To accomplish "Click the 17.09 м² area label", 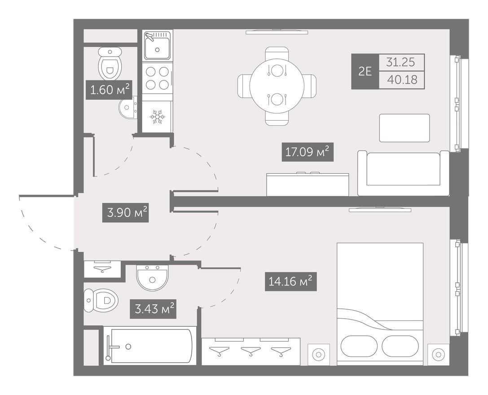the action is [308, 152].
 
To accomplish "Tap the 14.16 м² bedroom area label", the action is [290, 281].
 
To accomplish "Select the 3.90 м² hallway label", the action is [125, 213].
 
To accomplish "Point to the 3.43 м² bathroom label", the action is [153, 309].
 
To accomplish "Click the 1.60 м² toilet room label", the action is [109, 90].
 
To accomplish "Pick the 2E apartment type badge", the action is [365, 71].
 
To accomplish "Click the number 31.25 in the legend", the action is [400, 62].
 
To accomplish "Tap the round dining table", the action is [277, 86].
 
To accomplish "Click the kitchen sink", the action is [157, 45].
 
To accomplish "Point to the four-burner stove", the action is [157, 78].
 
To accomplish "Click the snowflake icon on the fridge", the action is [157, 116].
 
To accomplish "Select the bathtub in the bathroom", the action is [150, 346].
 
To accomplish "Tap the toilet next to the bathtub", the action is [101, 301].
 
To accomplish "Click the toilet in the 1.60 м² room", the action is [110, 63].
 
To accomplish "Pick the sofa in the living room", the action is [403, 173].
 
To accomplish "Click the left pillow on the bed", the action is [359, 346].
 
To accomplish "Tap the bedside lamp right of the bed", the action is [438, 354].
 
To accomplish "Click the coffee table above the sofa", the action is [404, 128].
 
